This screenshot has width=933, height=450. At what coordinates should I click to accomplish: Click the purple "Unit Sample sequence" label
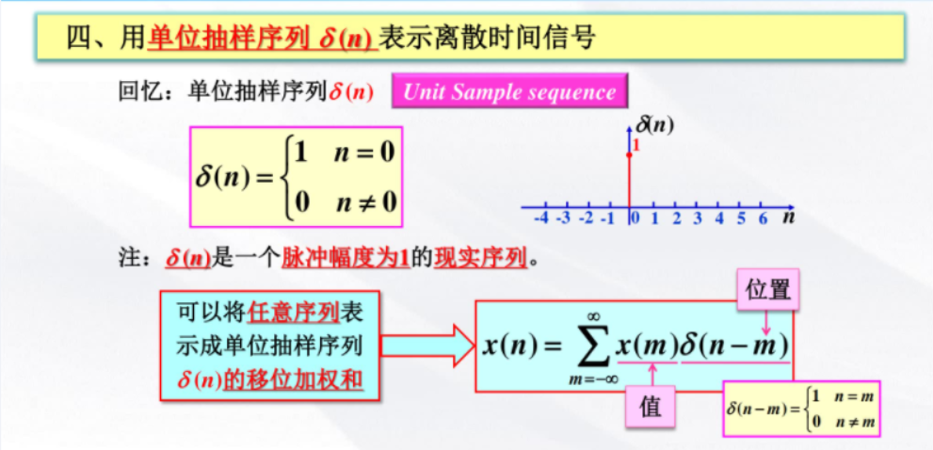pos(509,92)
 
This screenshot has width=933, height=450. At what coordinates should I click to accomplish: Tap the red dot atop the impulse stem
pos(629,155)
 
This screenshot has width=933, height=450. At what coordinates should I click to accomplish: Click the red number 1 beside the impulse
pos(636,146)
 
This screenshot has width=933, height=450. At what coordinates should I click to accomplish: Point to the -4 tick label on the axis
pos(540,218)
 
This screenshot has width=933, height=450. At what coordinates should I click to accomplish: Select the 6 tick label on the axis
pos(764,218)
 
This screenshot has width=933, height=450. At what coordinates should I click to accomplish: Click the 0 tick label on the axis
pos(635,218)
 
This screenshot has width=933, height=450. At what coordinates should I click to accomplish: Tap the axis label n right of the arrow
pos(788,217)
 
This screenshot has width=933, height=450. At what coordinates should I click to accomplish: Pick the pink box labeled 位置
pos(768,289)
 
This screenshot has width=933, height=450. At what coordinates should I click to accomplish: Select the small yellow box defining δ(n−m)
pos(801,408)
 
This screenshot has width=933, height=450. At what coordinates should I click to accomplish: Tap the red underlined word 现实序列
pos(481,258)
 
